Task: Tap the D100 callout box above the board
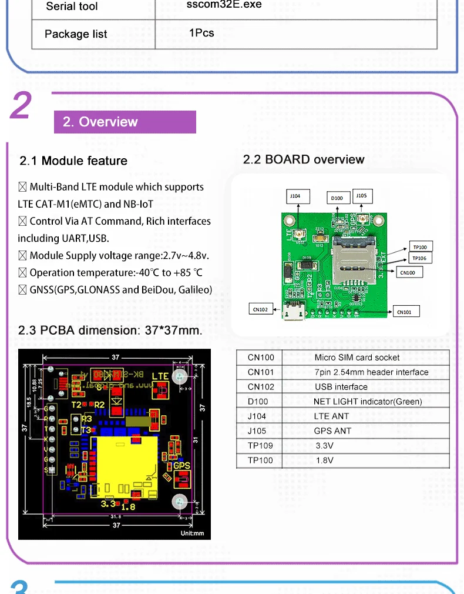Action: click(x=337, y=198)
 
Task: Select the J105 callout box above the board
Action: click(x=362, y=196)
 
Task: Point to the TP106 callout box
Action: click(x=419, y=258)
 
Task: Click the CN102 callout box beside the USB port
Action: click(x=260, y=309)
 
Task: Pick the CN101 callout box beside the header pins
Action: click(x=404, y=312)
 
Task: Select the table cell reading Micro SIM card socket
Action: click(x=357, y=358)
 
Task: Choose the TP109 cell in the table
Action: click(x=260, y=446)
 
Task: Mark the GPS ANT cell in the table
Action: click(x=332, y=431)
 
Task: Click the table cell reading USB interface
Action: click(x=341, y=387)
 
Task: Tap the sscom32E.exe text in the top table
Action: click(x=224, y=5)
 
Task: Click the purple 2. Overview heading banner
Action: click(x=125, y=122)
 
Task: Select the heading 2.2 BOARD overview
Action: click(x=304, y=159)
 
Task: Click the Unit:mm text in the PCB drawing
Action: click(x=192, y=533)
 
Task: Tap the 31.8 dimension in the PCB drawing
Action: click(x=116, y=517)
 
